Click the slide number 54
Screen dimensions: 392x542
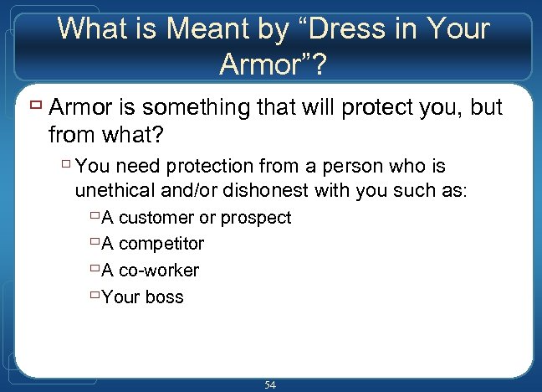[270, 384]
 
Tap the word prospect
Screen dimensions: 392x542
[255, 218]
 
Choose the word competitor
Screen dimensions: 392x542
[161, 244]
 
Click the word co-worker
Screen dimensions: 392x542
[159, 271]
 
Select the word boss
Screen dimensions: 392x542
[163, 297]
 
